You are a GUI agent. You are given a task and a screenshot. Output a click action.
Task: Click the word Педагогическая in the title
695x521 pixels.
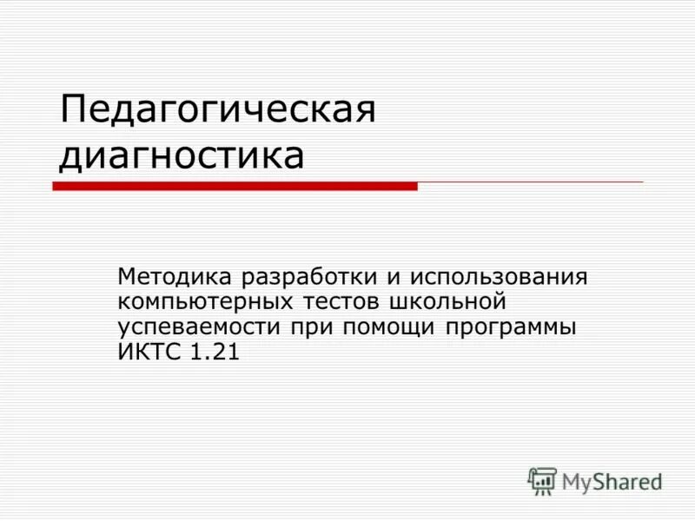217,112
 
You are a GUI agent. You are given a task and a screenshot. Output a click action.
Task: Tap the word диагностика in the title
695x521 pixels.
182,156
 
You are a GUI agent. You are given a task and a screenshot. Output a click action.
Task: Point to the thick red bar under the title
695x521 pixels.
235,186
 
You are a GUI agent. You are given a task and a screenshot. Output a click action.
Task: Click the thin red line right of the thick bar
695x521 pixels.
530,182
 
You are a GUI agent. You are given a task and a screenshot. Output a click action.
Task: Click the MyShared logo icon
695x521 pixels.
542,480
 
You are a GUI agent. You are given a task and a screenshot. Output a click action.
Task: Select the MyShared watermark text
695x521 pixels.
612,480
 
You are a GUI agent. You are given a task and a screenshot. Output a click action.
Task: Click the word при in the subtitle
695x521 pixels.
314,328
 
